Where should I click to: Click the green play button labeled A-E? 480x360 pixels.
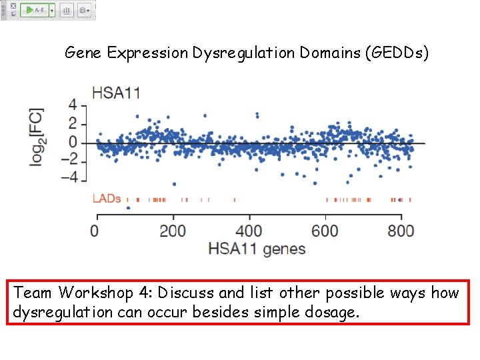coord(35,11)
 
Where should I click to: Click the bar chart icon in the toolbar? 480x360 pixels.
coord(67,11)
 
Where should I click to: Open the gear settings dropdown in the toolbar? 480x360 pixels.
coord(85,11)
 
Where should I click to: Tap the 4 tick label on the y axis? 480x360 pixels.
coord(73,105)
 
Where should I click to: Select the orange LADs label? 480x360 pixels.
coord(106,199)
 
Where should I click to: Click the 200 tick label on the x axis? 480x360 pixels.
coord(173,231)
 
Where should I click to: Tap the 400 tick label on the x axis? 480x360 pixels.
coord(249,231)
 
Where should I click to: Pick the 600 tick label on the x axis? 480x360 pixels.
coord(325,231)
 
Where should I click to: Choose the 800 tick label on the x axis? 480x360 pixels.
coord(401,231)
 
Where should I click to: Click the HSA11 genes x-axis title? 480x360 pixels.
coord(257,249)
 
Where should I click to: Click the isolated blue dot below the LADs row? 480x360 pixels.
coord(128,208)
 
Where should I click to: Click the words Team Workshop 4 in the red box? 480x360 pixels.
coord(100,293)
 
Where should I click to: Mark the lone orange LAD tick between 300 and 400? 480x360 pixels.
coord(235,199)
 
